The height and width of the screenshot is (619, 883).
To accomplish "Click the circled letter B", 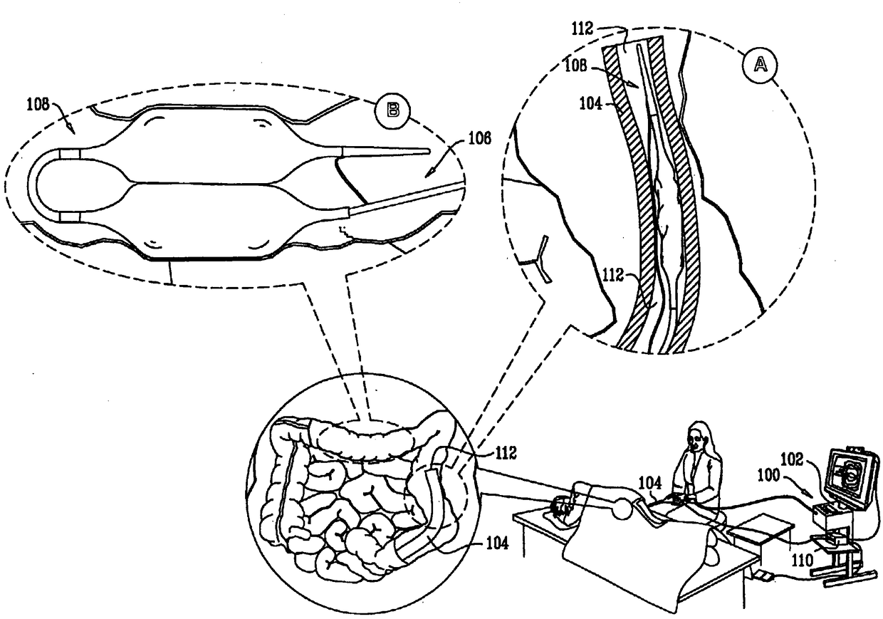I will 392,109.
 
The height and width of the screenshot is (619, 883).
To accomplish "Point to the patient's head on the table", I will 563,508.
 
